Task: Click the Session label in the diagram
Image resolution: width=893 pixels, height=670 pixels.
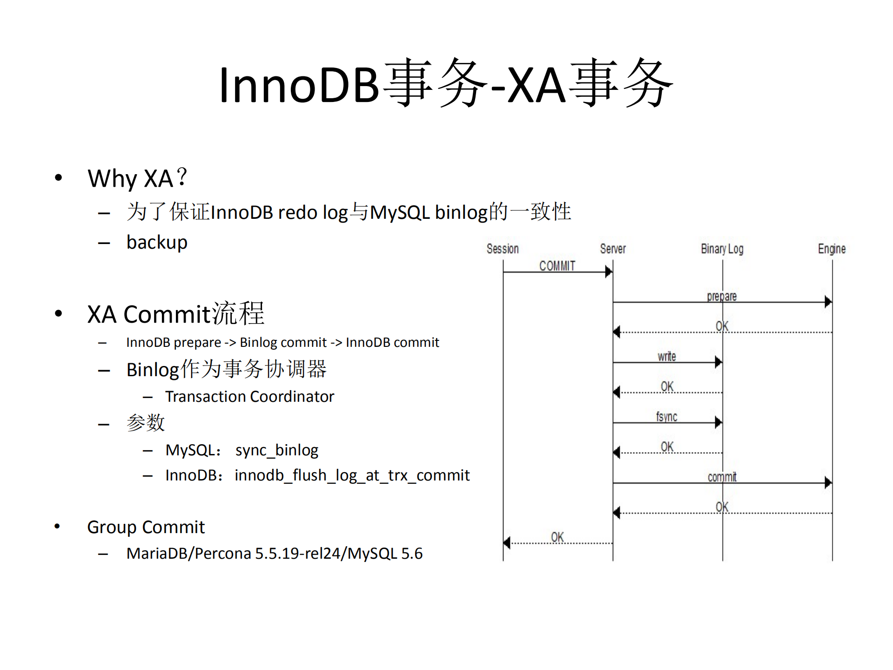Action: point(502,249)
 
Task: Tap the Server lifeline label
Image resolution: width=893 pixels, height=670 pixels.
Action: point(612,249)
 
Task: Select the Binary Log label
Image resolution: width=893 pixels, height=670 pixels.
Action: point(722,249)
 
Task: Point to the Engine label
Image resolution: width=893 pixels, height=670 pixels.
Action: point(832,249)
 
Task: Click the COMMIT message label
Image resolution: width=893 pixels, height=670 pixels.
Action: point(557,266)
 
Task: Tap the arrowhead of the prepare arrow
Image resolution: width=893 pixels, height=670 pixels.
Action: point(828,302)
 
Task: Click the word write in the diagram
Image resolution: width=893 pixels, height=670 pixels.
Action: point(666,357)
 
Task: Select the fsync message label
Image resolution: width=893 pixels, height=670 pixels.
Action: point(666,417)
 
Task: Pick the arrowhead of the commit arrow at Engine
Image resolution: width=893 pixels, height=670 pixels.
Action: point(828,483)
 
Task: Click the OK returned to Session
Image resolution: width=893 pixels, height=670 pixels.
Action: point(557,537)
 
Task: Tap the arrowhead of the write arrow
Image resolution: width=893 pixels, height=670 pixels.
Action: point(718,362)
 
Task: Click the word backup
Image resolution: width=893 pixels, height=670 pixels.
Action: point(157,243)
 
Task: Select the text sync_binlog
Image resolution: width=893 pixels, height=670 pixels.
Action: point(276,450)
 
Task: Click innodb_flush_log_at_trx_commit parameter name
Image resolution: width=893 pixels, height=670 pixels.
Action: point(352,475)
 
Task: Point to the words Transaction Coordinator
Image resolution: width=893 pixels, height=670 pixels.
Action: point(249,397)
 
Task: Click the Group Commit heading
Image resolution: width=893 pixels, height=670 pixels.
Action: point(146,527)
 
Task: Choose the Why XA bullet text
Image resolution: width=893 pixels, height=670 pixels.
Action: point(137,178)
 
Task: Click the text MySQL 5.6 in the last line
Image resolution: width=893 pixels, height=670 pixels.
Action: point(385,554)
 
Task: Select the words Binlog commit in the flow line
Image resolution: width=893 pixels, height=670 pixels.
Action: point(283,343)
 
